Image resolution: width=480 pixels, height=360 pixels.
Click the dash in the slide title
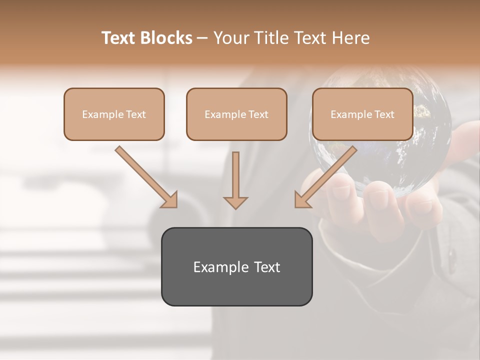point(202,38)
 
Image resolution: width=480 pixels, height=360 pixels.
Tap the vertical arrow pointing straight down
point(235,177)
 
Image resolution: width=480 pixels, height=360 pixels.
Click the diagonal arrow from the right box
point(327,176)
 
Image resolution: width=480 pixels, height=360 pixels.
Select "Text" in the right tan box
point(384,114)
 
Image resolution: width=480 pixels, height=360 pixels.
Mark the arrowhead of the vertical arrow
point(235,202)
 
